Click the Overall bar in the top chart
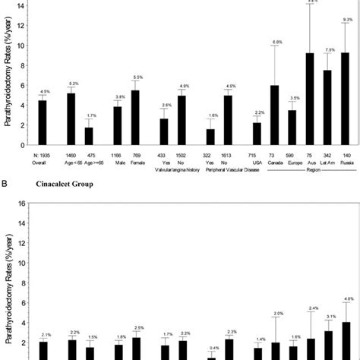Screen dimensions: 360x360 43,122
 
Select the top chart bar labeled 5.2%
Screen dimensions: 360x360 71,118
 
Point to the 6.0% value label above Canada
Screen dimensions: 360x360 278,41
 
